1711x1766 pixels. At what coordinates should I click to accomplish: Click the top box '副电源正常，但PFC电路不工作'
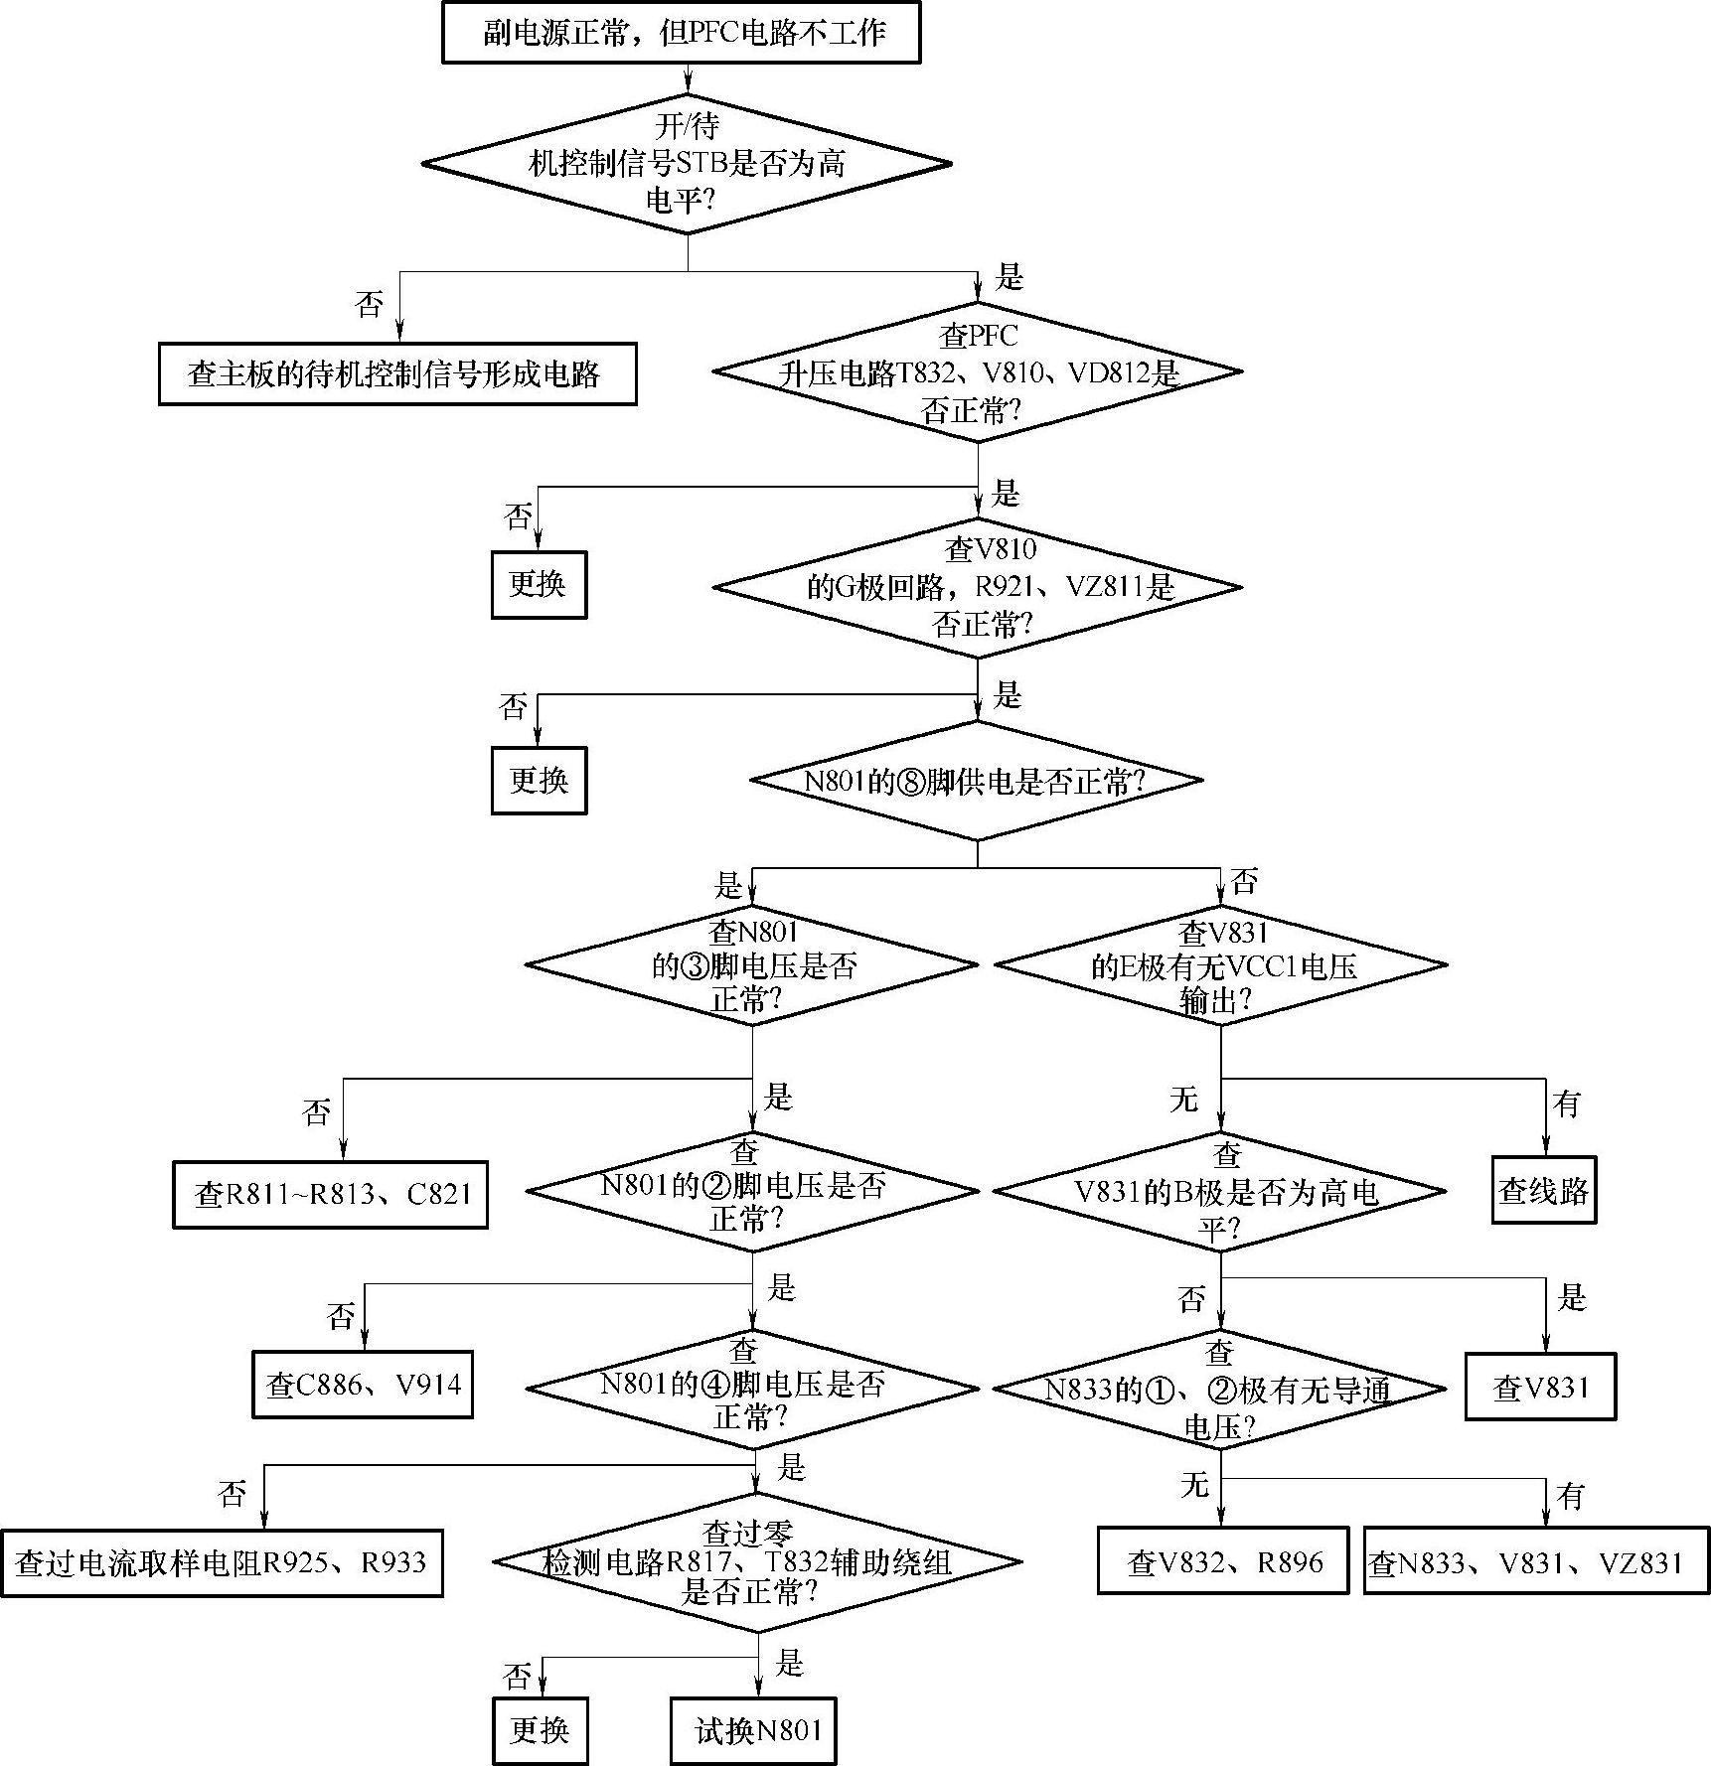[x=681, y=33]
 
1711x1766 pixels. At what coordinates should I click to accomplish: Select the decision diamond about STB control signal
[x=687, y=164]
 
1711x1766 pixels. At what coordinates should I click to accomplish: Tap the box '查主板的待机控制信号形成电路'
[x=396, y=373]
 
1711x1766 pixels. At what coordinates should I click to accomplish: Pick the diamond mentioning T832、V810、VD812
[x=978, y=371]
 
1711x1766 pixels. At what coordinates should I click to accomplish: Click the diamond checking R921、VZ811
[x=978, y=587]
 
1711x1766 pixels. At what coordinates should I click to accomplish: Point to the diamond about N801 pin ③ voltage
[x=752, y=964]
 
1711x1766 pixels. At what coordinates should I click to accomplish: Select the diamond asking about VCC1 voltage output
[x=1220, y=964]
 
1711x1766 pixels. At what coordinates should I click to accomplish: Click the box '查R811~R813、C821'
[x=330, y=1194]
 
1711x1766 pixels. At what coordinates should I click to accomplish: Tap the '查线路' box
[x=1543, y=1190]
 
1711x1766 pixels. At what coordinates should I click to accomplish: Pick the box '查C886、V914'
[x=363, y=1385]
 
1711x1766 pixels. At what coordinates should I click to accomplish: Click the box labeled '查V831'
[x=1539, y=1387]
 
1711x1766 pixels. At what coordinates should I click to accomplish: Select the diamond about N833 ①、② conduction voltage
[x=1220, y=1389]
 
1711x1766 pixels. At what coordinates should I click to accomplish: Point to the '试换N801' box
[x=753, y=1730]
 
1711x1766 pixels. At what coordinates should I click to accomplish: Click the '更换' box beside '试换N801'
[x=540, y=1730]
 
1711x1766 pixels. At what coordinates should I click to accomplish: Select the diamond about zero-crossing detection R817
[x=757, y=1561]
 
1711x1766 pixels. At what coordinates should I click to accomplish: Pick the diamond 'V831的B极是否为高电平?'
[x=1220, y=1191]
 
